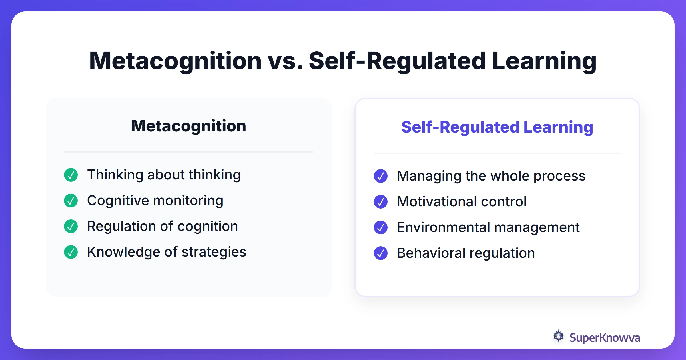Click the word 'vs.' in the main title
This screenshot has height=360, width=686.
coord(285,61)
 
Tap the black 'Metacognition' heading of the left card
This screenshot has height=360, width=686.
coord(188,126)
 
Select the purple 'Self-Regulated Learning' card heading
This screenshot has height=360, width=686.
coord(497,127)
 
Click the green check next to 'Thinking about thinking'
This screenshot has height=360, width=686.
coord(71,175)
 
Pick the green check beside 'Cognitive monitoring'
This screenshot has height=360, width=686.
coord(71,201)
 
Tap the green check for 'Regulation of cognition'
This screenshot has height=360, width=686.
coord(71,226)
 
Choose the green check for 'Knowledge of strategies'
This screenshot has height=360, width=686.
coord(71,252)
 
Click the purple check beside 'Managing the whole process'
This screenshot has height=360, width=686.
coord(381,176)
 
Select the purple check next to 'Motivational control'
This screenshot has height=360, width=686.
coord(381,202)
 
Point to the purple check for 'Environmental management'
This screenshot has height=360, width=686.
coord(381,227)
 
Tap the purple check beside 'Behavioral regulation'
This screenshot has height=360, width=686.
coord(381,253)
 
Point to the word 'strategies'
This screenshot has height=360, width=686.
coord(214,252)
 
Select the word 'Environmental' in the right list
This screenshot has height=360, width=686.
coord(444,227)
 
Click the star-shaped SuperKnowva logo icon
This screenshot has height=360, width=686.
coord(558,336)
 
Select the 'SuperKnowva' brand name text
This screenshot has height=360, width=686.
coord(605,338)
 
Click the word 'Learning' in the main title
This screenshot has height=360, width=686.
coord(544,61)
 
